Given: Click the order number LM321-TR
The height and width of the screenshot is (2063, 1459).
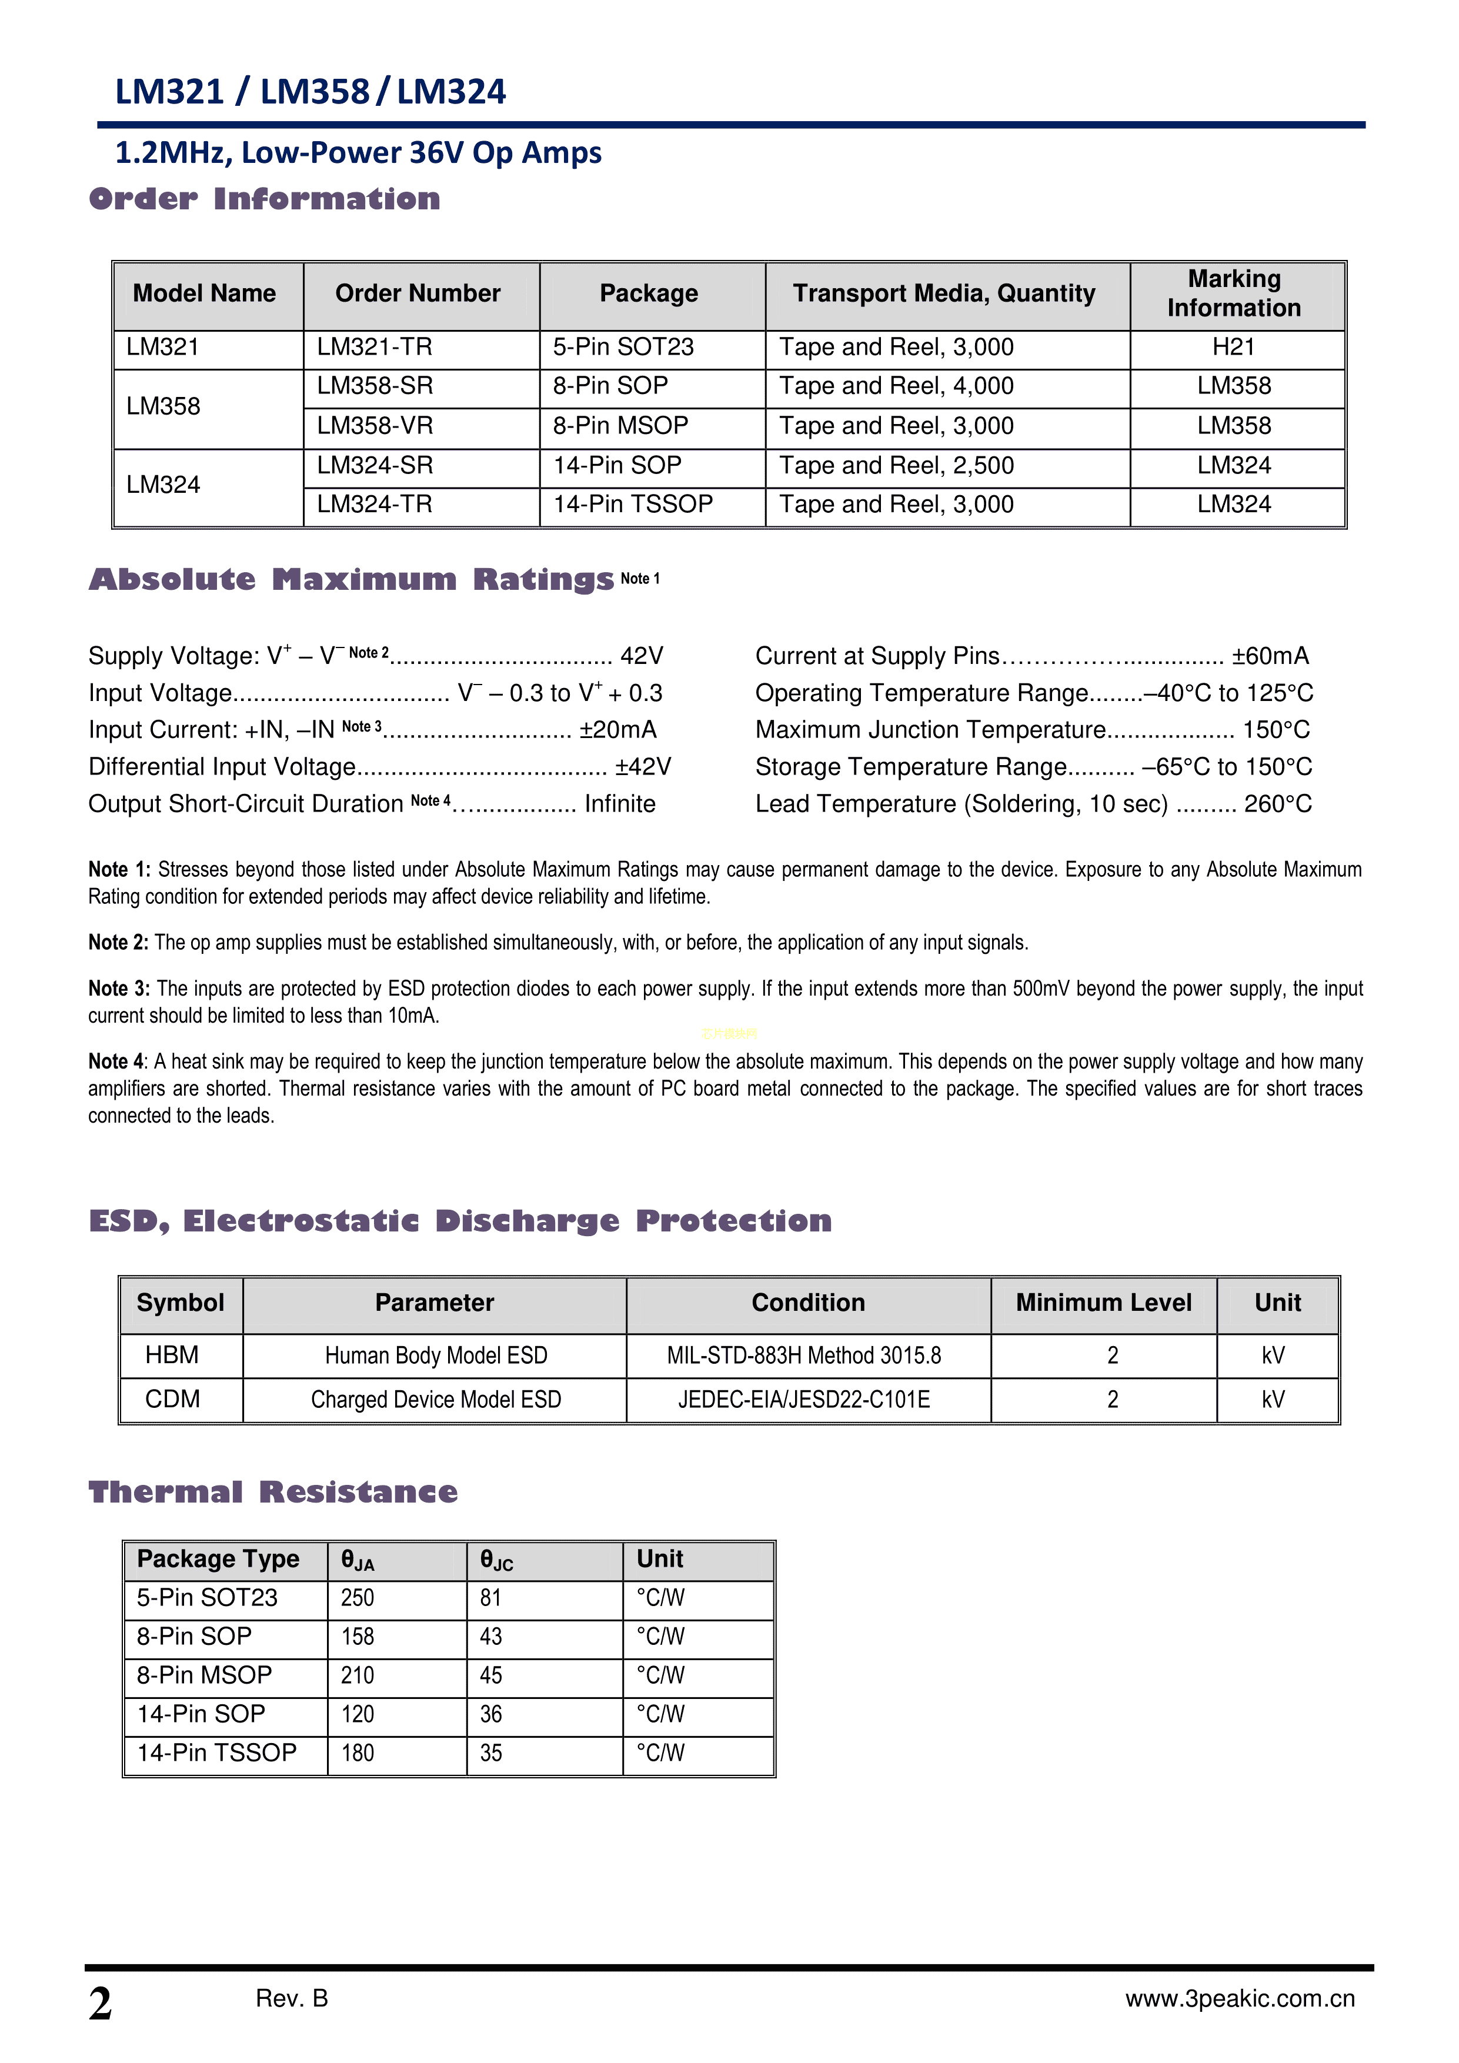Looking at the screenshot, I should pyautogui.click(x=374, y=347).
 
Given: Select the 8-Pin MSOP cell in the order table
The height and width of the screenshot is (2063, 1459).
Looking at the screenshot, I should pyautogui.click(x=620, y=426).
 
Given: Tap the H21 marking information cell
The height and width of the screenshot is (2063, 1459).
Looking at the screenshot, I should pyautogui.click(x=1234, y=347).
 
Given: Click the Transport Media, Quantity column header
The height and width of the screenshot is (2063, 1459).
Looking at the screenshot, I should pyautogui.click(x=943, y=294).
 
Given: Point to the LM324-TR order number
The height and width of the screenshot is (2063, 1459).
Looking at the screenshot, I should pyautogui.click(x=374, y=504).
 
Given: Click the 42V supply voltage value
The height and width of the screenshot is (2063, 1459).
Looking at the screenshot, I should pyautogui.click(x=642, y=656).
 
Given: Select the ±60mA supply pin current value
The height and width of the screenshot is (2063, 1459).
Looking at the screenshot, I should pyautogui.click(x=1270, y=656).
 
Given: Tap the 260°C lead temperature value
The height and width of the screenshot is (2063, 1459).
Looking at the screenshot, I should pyautogui.click(x=1277, y=803).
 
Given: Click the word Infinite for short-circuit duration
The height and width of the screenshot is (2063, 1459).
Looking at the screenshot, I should pyautogui.click(x=620, y=803).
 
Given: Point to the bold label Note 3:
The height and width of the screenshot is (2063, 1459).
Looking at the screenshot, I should pyautogui.click(x=119, y=989).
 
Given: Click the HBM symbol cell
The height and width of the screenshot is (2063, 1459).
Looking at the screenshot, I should pyautogui.click(x=172, y=1355).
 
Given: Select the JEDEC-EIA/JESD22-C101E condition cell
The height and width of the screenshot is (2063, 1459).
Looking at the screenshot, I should pyautogui.click(x=804, y=1399).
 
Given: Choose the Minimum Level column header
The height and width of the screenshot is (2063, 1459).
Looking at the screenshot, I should pyautogui.click(x=1103, y=1303).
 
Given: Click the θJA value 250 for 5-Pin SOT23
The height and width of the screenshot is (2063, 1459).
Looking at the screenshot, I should pyautogui.click(x=358, y=1598).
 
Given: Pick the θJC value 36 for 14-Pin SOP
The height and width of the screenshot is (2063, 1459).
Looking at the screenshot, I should pyautogui.click(x=490, y=1714).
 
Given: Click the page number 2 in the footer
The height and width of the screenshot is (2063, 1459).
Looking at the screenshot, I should pyautogui.click(x=101, y=2004).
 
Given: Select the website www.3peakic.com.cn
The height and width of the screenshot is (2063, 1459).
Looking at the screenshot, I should pyautogui.click(x=1240, y=1998).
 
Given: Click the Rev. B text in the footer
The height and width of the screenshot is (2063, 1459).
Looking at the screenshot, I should pyautogui.click(x=292, y=1998).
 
